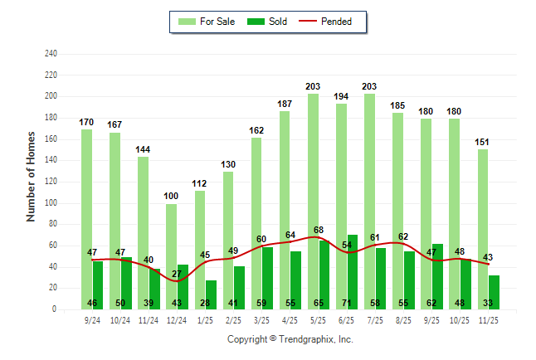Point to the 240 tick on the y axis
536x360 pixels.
coord(51,54)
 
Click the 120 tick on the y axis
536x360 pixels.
coord(51,182)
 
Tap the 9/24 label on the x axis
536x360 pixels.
coord(92,319)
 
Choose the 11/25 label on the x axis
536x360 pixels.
coord(489,319)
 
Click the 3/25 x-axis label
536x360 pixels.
coord(262,319)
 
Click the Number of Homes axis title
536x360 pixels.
coord(32,176)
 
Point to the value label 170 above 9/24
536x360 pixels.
coord(86,122)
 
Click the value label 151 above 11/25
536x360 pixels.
coord(482,142)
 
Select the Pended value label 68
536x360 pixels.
coord(318,230)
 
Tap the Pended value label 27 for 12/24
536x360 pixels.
coord(177,273)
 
